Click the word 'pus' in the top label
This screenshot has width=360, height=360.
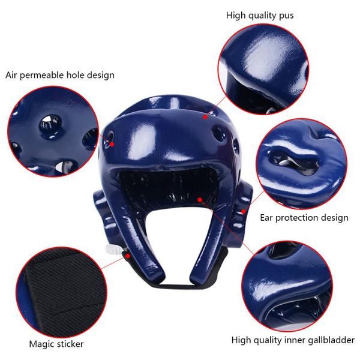point(286,16)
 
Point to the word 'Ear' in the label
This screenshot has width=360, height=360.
point(266,217)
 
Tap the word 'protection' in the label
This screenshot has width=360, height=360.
point(296,218)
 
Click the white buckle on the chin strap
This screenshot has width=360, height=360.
point(113,250)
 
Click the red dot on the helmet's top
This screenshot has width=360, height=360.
point(205,117)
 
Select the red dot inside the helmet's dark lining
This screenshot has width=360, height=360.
point(200,200)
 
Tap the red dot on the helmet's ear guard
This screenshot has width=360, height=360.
point(244,211)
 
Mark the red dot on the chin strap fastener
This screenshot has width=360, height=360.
point(128,256)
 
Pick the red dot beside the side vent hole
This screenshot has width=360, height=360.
point(112,144)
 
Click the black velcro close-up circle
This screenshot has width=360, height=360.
point(61,292)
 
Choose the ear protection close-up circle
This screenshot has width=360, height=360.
point(301,164)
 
